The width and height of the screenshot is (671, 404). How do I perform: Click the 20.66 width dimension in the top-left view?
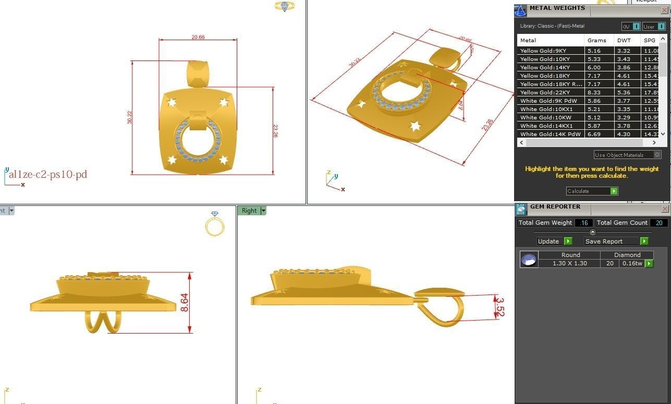click(x=198, y=37)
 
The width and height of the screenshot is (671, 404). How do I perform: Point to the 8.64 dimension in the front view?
click(x=185, y=303)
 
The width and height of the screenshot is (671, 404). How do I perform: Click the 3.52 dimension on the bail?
click(x=500, y=307)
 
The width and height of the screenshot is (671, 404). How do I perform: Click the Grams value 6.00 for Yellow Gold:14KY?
click(x=594, y=67)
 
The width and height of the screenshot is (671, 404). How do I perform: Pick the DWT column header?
click(x=624, y=40)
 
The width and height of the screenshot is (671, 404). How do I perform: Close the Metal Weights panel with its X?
click(x=664, y=10)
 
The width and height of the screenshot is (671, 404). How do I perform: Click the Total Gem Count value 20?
click(x=658, y=223)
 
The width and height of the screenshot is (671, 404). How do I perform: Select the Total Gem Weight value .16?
click(x=583, y=223)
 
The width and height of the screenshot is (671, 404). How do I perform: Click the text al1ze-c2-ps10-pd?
click(x=47, y=175)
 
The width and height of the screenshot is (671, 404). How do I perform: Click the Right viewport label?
click(x=249, y=211)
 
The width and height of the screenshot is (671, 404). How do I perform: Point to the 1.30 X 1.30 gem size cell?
click(x=570, y=263)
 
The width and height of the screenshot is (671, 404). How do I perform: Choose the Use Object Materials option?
click(x=623, y=155)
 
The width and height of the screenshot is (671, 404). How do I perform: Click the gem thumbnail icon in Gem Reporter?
click(x=529, y=260)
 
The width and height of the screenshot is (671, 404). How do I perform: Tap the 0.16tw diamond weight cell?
click(x=632, y=263)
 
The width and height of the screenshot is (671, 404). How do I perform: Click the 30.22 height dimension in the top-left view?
click(x=129, y=118)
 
